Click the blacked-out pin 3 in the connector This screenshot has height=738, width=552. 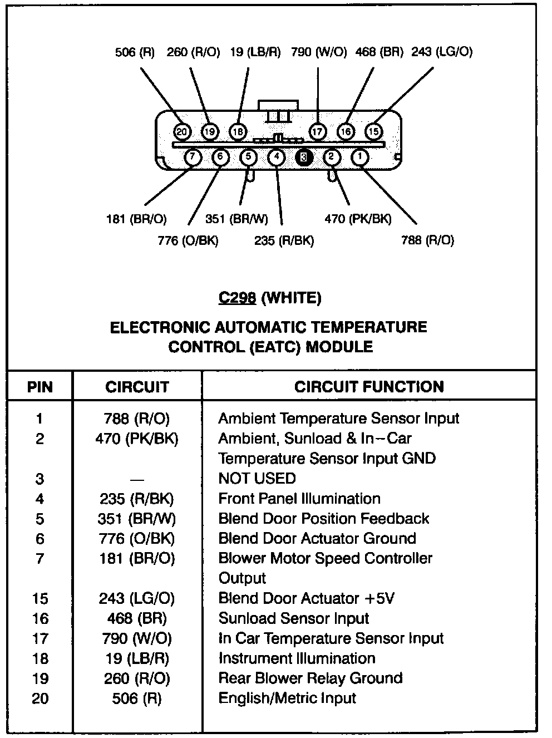tap(304, 158)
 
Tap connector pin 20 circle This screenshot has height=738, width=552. tap(182, 132)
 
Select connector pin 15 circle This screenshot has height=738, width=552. tap(373, 132)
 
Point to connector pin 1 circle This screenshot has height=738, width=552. tap(360, 158)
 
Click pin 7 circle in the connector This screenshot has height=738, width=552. tap(192, 158)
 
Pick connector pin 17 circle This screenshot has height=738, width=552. tap(317, 132)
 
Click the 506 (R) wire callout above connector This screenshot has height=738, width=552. tap(135, 52)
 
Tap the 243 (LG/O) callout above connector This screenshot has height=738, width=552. tap(442, 52)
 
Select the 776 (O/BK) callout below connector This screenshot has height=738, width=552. tap(188, 240)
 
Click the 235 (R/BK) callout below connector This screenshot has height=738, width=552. tap(284, 240)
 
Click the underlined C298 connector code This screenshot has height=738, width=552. tap(237, 298)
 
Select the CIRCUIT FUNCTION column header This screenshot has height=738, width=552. tap(369, 387)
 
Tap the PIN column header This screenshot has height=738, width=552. tap(40, 387)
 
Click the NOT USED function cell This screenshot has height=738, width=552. tap(257, 479)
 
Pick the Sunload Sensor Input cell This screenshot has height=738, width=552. tap(294, 618)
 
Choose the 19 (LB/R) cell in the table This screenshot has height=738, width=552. tap(137, 658)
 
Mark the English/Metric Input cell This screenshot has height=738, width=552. tap(287, 698)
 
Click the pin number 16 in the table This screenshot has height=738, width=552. tap(40, 618)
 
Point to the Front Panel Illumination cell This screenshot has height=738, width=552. tap(299, 499)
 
